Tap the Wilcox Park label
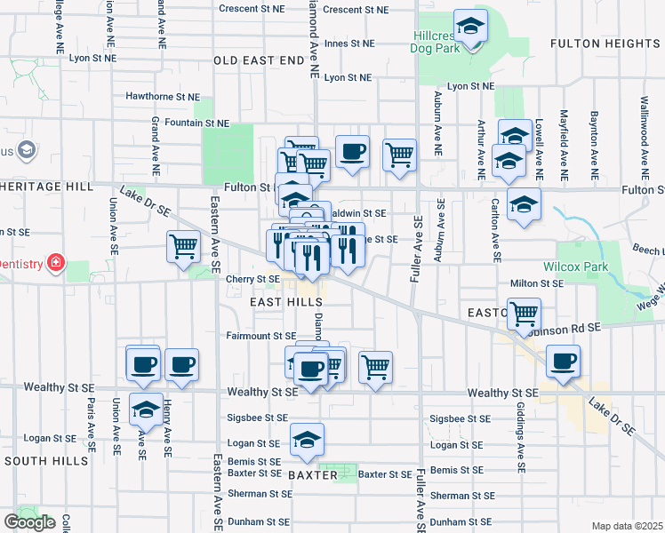tap(570, 266)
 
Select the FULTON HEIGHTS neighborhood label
tap(604, 43)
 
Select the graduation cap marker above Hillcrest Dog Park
tap(470, 26)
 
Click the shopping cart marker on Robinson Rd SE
tap(525, 313)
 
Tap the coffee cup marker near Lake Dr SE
tap(563, 361)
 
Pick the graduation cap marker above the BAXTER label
tap(307, 439)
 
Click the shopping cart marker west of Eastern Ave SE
tap(183, 245)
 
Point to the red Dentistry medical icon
tap(55, 263)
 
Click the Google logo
tap(30, 522)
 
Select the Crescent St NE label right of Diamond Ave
tap(356, 10)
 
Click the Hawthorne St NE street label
tap(162, 96)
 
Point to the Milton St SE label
tap(537, 283)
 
